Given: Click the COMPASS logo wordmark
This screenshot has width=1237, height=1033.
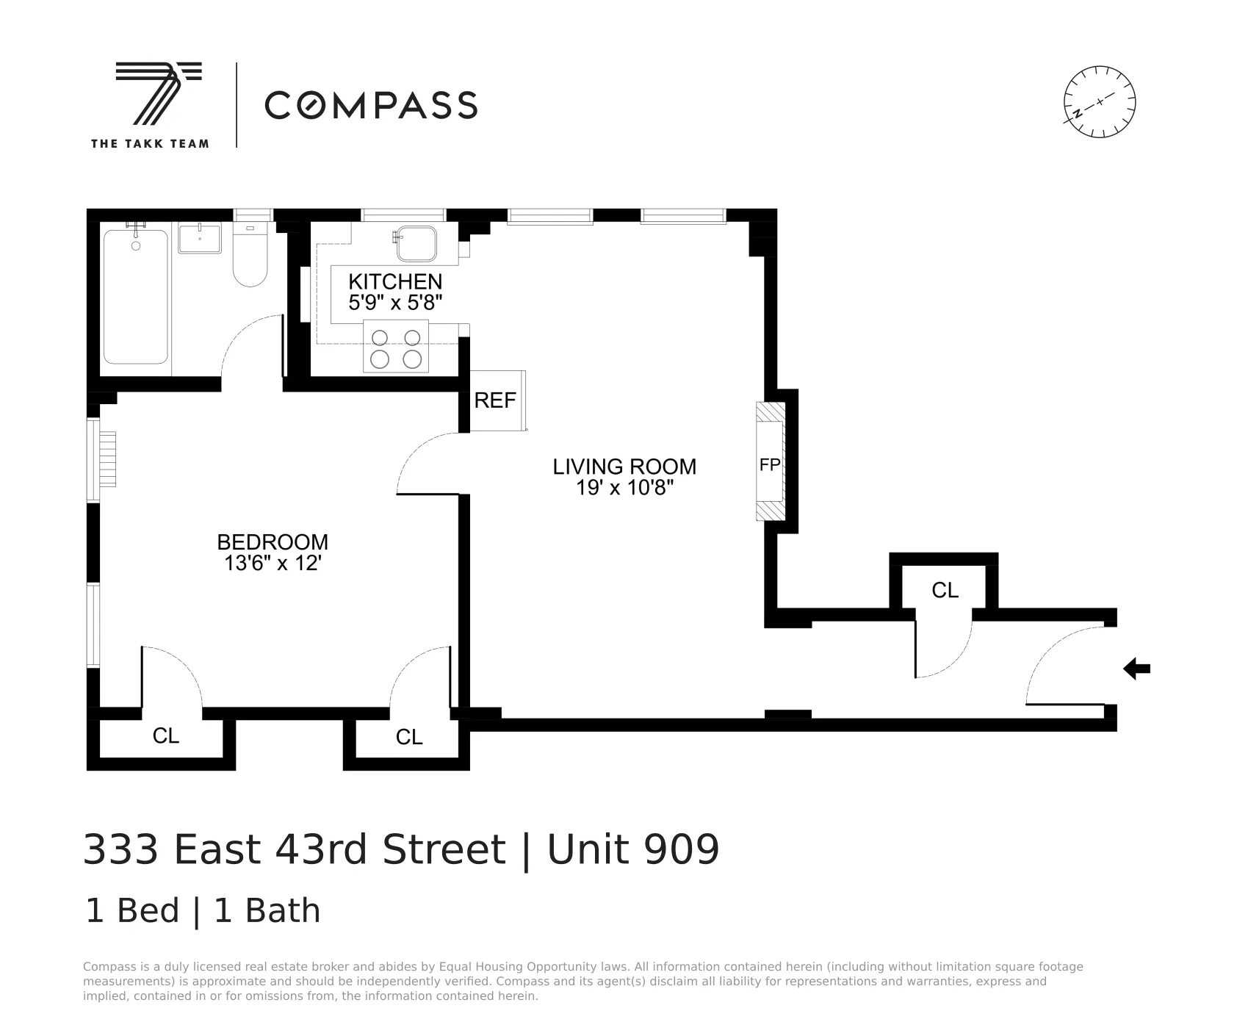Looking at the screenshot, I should (371, 105).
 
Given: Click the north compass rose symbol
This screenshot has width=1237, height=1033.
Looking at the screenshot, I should (1099, 101).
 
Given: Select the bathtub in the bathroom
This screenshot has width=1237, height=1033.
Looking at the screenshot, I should (136, 297).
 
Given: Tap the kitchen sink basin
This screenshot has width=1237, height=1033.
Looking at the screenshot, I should (416, 243).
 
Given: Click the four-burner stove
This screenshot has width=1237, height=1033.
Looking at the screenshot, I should (396, 347).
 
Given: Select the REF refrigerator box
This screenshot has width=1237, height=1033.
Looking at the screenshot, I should (496, 400).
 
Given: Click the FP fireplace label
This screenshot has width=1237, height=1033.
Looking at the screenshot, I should (769, 465).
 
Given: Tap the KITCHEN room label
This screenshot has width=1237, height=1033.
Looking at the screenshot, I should (395, 281).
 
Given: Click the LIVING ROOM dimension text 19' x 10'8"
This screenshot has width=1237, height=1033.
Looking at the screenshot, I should (624, 488).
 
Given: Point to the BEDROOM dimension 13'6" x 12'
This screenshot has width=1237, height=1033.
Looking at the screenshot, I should (273, 564).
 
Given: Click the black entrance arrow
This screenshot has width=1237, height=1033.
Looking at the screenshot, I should (1136, 669).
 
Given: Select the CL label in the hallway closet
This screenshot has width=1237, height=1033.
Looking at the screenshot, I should (945, 590).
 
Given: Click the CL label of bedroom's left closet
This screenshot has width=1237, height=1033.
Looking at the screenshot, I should (165, 735).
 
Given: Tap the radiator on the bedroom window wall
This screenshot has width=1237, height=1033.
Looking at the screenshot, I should (107, 458).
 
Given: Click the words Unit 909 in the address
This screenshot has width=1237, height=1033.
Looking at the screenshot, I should (633, 850).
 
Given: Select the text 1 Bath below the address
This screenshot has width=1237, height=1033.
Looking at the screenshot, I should (267, 911).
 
